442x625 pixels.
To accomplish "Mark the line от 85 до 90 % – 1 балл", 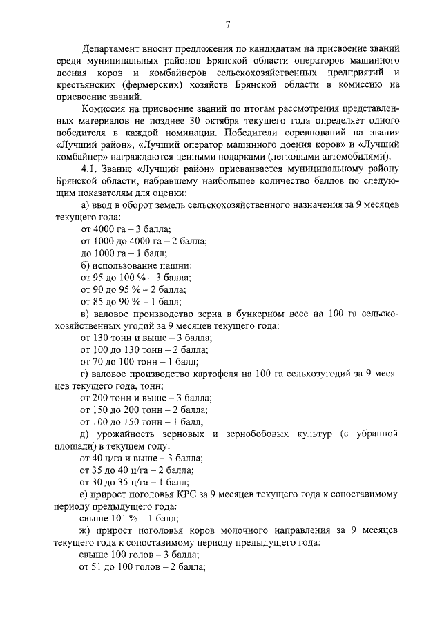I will (x=126, y=301).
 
